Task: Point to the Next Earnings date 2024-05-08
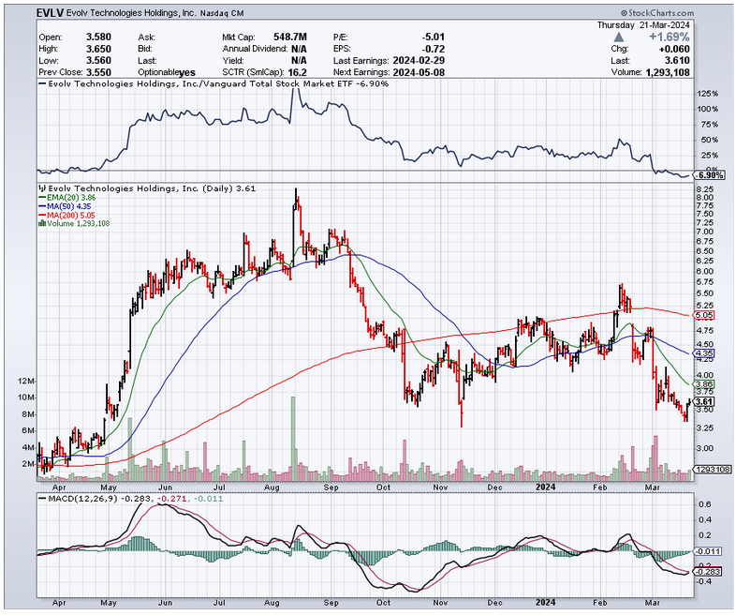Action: click(420, 70)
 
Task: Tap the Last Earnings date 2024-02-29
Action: click(420, 58)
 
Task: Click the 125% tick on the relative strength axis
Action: click(707, 94)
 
